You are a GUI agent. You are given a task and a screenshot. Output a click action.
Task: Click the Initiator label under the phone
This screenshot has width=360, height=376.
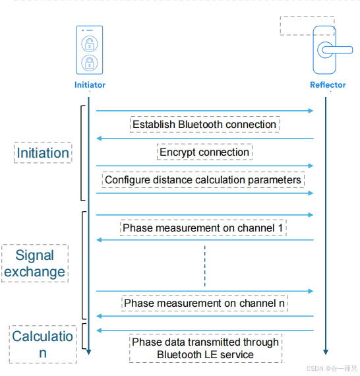[x=90, y=85]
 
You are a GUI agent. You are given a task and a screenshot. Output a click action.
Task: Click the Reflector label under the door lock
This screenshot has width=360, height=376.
[x=327, y=85]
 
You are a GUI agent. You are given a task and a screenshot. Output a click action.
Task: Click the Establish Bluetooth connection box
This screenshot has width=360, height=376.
[x=204, y=124]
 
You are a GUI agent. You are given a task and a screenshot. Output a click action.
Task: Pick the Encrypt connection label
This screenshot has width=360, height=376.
[x=204, y=152]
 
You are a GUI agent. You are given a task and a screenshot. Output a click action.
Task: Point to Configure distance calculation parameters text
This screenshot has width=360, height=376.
[x=203, y=179]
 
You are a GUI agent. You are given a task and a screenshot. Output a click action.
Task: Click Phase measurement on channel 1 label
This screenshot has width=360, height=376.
[x=204, y=228]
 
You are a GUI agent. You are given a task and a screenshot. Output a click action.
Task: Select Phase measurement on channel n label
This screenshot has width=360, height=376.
[x=204, y=303]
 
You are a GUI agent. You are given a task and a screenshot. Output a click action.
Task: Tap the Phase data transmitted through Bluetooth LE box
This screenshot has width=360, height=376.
[x=205, y=348]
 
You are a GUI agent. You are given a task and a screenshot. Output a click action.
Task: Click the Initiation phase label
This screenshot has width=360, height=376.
[x=43, y=153]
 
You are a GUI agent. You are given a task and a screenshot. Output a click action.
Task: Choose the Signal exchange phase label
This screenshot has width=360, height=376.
[x=35, y=263]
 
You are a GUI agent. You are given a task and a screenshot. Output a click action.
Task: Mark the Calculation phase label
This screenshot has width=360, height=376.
[x=43, y=344]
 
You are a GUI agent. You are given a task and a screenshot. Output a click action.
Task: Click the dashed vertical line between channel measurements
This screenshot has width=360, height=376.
[x=204, y=266]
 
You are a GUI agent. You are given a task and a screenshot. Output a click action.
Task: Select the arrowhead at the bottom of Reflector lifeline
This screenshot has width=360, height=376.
[x=326, y=351]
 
